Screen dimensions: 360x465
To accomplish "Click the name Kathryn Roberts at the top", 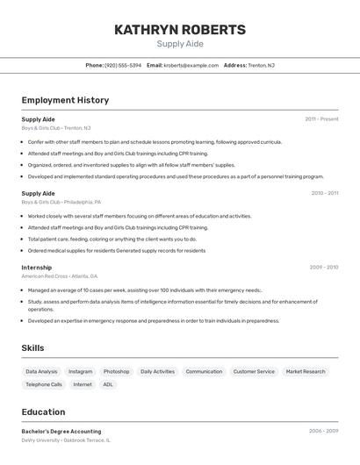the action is [180, 30].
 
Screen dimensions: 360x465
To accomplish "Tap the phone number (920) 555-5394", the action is [123, 65].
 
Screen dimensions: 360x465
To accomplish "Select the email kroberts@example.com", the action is [191, 65].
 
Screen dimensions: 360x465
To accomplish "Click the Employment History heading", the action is [65, 100].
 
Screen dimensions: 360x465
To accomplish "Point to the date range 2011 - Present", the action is [321, 119].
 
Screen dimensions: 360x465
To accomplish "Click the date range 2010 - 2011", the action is [324, 193].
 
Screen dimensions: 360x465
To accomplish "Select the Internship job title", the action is [36, 268].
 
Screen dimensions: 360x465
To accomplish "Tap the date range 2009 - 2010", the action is [323, 268].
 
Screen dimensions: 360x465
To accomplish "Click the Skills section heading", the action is [32, 348].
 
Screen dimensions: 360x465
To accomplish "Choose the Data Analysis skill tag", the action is [41, 372].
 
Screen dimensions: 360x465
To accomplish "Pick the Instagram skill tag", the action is [80, 372].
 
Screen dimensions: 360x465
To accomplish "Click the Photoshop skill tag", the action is [116, 372].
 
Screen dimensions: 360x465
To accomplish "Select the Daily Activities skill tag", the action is [157, 372].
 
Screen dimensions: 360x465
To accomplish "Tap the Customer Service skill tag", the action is [254, 372].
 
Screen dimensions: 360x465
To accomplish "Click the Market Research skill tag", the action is [306, 372].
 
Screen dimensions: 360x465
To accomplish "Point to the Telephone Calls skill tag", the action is [44, 384].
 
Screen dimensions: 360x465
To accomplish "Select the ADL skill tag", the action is [108, 384].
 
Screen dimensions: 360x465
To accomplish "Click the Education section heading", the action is [43, 412].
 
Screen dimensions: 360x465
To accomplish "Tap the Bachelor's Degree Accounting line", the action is [61, 432].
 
